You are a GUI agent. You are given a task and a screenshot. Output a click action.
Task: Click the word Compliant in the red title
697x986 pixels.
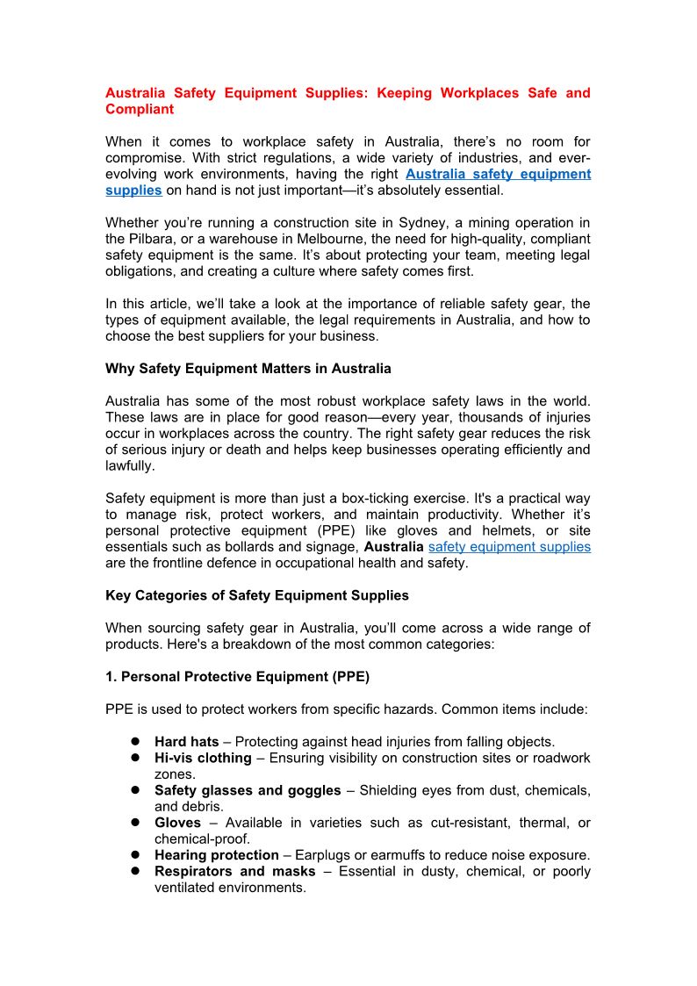(x=140, y=110)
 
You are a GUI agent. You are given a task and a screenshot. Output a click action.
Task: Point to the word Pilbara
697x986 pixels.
(x=154, y=239)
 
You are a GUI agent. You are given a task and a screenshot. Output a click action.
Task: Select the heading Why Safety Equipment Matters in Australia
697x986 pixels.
(x=248, y=369)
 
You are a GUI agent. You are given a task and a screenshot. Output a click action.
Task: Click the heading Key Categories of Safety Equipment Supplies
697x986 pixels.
(x=257, y=595)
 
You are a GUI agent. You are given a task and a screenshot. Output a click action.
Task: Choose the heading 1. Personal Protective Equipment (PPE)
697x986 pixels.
(x=237, y=677)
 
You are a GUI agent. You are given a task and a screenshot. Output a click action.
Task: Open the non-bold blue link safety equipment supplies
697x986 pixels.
(x=509, y=547)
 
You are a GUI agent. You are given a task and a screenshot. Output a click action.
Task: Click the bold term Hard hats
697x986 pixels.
(x=187, y=742)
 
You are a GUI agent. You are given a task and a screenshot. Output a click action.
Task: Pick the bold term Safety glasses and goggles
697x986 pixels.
(x=248, y=790)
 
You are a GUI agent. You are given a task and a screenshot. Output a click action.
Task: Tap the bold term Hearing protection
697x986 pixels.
(x=217, y=855)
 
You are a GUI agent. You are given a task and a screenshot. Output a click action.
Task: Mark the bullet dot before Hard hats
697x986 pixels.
(x=137, y=742)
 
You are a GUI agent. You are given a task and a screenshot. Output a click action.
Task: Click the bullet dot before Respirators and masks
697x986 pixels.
(x=137, y=871)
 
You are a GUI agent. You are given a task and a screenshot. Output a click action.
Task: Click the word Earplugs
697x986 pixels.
(x=322, y=855)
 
